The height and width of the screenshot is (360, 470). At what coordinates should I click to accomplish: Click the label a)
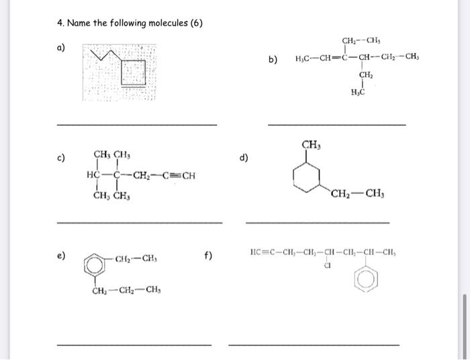(x=61, y=48)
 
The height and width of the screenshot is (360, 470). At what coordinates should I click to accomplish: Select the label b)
(x=273, y=59)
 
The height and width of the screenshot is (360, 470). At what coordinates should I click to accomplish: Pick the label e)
(x=61, y=256)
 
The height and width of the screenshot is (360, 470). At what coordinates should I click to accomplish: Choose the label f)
(x=208, y=256)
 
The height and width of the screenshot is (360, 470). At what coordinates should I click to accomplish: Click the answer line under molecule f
(x=314, y=345)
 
